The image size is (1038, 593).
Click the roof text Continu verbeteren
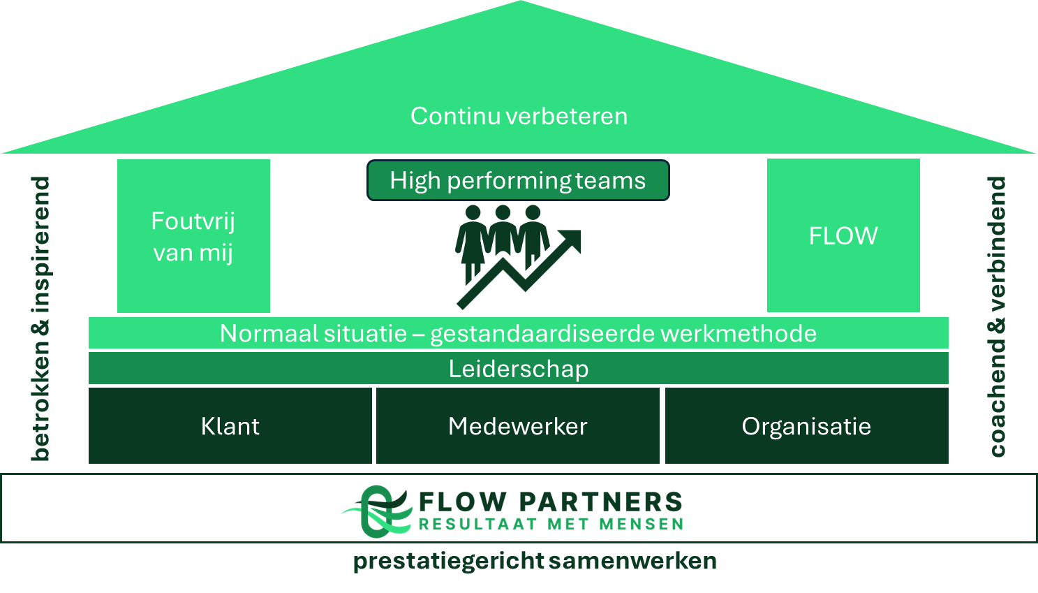click(x=519, y=116)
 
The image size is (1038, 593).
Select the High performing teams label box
click(x=518, y=181)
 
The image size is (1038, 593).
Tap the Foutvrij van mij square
click(x=193, y=236)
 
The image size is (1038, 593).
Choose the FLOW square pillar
click(x=843, y=235)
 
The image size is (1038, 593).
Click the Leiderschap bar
click(x=518, y=368)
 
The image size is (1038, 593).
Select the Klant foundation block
click(x=230, y=426)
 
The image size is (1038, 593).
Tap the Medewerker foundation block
click(x=518, y=426)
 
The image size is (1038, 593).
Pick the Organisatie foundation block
click(x=806, y=426)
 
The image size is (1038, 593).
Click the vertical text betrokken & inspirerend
click(x=40, y=319)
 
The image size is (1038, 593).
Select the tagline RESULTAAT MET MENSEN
click(x=551, y=524)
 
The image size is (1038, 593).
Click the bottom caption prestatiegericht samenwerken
click(x=535, y=561)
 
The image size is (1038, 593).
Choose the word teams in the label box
click(x=611, y=181)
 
